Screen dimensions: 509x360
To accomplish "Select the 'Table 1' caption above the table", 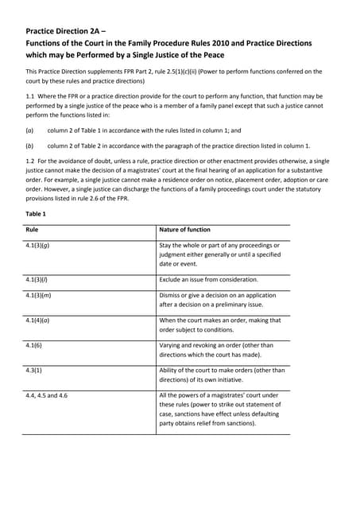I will point(37,214).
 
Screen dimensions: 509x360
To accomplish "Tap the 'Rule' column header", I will point(33,230).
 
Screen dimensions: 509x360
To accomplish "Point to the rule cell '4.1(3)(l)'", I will point(39,280).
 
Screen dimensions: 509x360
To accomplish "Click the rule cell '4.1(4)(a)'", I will point(40,321).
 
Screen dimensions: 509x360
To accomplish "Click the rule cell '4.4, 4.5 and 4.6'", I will point(47,395).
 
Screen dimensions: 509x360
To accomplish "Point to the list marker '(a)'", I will point(29,130).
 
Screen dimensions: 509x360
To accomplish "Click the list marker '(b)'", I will point(29,146).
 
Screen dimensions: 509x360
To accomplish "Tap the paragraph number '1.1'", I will point(31,95).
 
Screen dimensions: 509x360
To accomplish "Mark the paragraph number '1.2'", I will point(31,161).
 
